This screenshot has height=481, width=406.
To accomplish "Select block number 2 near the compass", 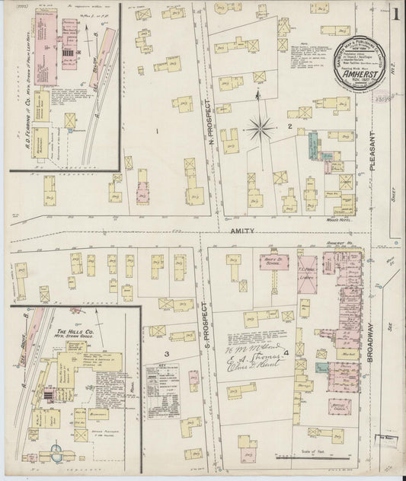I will [x=289, y=126].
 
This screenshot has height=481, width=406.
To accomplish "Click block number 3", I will [x=165, y=354].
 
